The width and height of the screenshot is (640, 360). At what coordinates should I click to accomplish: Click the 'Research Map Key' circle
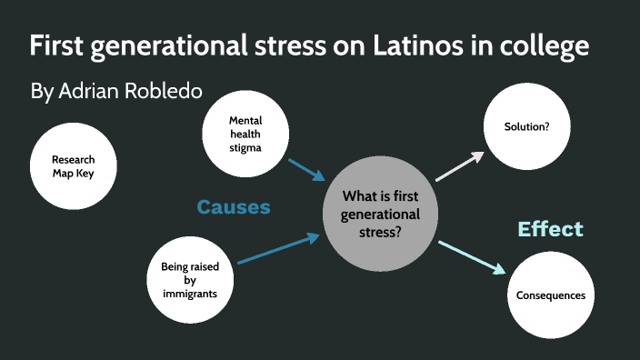[x=74, y=166]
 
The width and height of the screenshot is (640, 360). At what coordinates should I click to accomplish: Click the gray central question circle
[x=381, y=213]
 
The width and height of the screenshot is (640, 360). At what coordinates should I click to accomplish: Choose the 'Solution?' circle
[x=526, y=126]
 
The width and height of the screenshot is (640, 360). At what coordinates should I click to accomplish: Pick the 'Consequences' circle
[x=550, y=295]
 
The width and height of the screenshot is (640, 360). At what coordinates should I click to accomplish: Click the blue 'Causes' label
[x=234, y=207]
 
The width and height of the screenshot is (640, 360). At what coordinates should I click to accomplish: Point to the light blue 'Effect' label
[x=550, y=228]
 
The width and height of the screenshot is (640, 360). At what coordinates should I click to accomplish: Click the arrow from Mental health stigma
[x=306, y=170]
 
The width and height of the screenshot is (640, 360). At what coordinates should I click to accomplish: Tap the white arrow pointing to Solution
[x=461, y=165]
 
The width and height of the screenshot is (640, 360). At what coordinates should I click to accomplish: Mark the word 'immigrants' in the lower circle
[x=191, y=295]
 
